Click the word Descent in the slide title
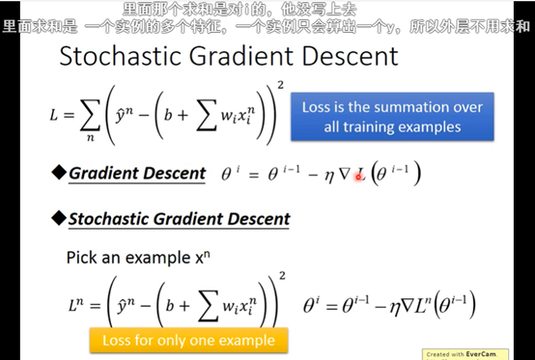pyautogui.click(x=351, y=56)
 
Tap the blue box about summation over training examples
pyautogui.click(x=392, y=117)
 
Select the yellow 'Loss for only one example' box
pyautogui.click(x=188, y=341)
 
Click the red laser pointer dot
pyautogui.click(x=358, y=177)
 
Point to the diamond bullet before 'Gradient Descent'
pyautogui.click(x=59, y=173)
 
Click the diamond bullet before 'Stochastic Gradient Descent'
pyautogui.click(x=59, y=218)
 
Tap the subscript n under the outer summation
pyautogui.click(x=90, y=138)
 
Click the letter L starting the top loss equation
pyautogui.click(x=53, y=115)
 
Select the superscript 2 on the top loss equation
pyautogui.click(x=280, y=85)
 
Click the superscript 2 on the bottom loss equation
pyautogui.click(x=282, y=275)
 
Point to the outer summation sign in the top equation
pyautogui.click(x=90, y=115)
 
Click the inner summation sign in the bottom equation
pyautogui.click(x=209, y=306)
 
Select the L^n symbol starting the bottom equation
pyautogui.click(x=75, y=304)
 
